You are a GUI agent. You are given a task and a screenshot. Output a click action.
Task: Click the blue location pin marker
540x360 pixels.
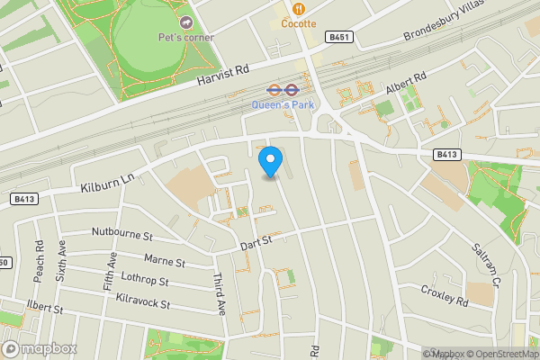(271, 161)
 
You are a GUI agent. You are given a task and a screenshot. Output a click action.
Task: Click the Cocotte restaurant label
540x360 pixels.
(298, 23)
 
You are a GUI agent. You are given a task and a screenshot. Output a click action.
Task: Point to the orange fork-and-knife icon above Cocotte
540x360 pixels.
(298, 8)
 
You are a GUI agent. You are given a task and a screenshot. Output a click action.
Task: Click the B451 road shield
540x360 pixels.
(340, 37)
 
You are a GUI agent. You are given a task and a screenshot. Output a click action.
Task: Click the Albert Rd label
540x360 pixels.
(404, 85)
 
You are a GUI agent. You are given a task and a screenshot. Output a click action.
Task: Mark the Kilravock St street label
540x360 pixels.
(137, 302)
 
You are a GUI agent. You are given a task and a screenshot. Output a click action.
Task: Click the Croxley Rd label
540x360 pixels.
(445, 294)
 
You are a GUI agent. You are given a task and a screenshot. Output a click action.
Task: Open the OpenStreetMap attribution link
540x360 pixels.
(501, 354)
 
